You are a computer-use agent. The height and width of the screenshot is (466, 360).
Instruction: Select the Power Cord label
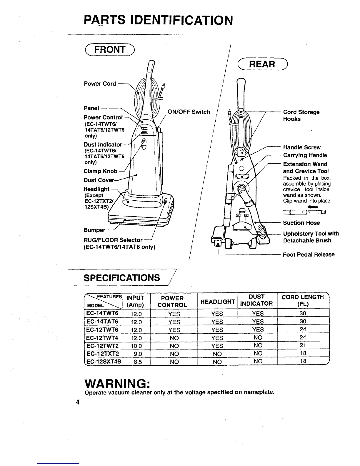point(100,84)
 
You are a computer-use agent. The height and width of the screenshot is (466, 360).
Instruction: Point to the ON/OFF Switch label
point(189,112)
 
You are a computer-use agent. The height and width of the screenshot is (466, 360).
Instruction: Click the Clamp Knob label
point(100,171)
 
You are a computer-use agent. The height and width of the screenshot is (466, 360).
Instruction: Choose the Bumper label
point(94,230)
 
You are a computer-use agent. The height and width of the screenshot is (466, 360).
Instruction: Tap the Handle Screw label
point(301,147)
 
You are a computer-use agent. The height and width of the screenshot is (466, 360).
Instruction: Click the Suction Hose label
point(301,223)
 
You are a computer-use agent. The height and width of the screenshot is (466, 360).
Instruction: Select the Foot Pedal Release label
point(309,254)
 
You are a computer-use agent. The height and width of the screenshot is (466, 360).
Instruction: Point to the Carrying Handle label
point(305,155)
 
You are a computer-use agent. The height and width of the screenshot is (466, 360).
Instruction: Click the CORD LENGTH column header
point(303,300)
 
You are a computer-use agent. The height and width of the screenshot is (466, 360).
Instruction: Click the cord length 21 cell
point(303,345)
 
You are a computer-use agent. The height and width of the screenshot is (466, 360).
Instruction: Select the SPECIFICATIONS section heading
point(122,278)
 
